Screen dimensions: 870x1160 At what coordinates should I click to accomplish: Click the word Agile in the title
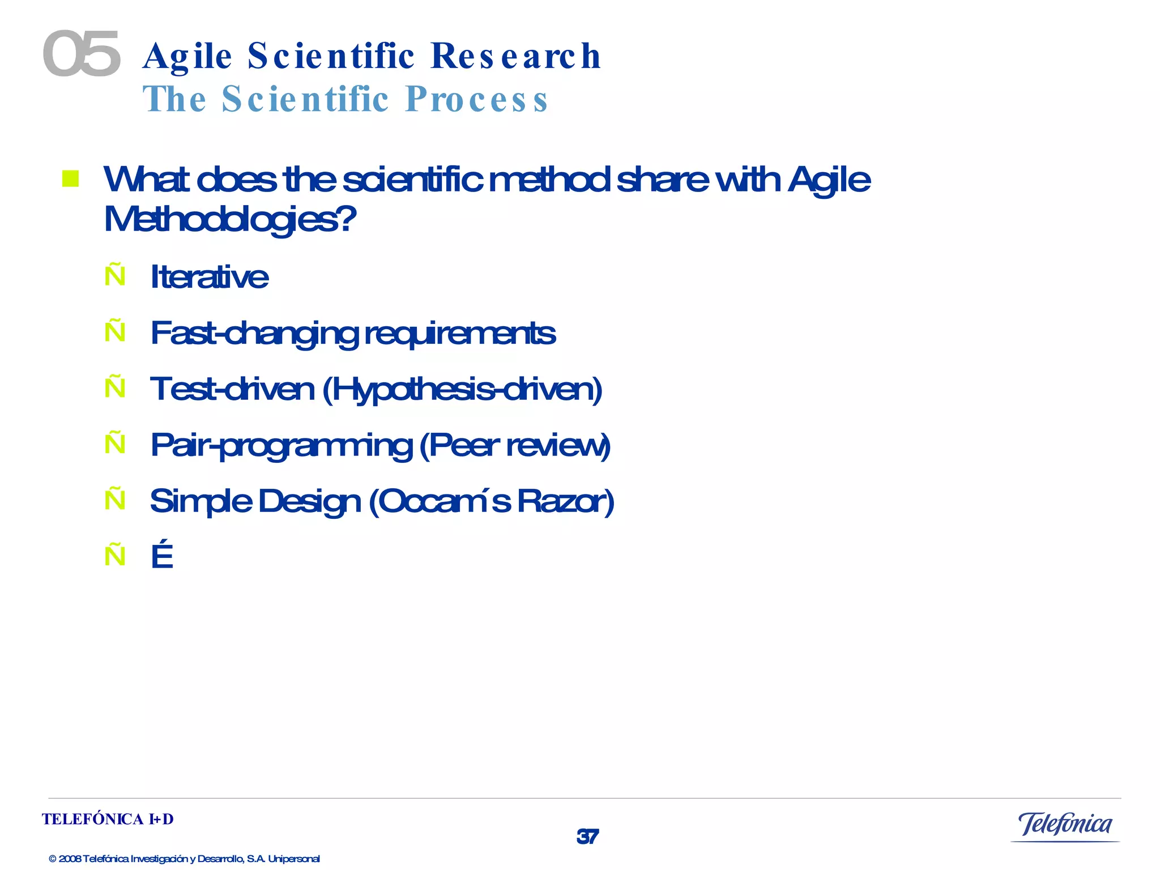[x=187, y=57]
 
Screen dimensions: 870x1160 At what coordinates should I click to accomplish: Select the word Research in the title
[x=515, y=57]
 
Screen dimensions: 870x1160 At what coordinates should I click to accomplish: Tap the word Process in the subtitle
[x=476, y=99]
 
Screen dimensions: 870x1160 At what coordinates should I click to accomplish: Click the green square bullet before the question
[x=70, y=178]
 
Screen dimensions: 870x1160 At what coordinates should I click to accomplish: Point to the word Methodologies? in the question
[x=230, y=219]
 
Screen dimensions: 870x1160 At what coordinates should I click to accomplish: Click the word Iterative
[x=209, y=277]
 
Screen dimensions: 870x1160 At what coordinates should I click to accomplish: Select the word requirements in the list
[x=459, y=333]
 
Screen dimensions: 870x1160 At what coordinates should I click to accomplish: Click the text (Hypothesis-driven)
[x=462, y=390]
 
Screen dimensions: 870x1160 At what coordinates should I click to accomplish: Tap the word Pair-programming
[x=282, y=445]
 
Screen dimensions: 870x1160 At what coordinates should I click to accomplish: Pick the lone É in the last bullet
[x=162, y=556]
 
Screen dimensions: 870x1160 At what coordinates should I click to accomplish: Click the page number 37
[x=587, y=837]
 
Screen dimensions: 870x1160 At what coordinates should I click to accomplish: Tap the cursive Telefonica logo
[x=1065, y=825]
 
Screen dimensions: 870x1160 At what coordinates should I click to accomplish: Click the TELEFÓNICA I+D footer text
[x=108, y=819]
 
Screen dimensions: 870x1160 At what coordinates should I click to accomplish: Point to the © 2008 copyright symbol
[x=53, y=859]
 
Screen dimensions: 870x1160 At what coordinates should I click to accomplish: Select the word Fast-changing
[x=254, y=333]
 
